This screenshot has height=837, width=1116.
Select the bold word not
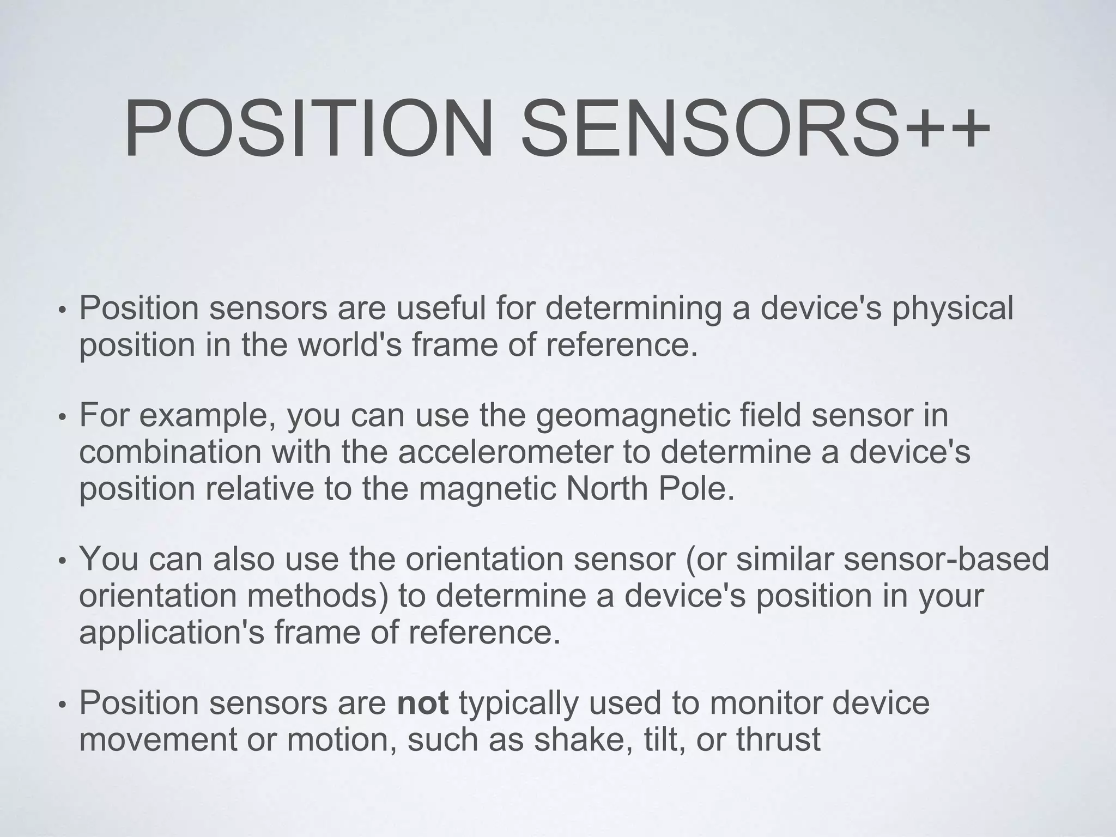tap(423, 703)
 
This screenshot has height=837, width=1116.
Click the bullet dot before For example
tap(62, 418)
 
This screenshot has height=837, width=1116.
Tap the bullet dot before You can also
tap(62, 562)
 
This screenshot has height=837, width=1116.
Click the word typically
tap(518, 704)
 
